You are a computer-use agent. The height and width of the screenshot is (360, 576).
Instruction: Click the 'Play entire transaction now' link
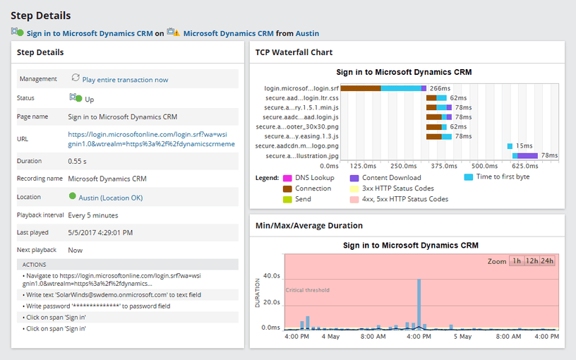(x=125, y=80)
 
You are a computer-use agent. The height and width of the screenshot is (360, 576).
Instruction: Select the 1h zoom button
(x=517, y=261)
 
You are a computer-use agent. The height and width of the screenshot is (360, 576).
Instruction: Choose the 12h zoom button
(x=532, y=261)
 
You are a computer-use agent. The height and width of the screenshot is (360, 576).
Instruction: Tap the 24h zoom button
(x=547, y=261)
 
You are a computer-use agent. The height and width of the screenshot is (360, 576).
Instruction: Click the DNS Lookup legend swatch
(x=287, y=178)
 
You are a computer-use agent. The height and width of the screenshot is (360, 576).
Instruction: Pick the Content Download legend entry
(x=391, y=178)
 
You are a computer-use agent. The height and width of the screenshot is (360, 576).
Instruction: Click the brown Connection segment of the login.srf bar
(x=365, y=88)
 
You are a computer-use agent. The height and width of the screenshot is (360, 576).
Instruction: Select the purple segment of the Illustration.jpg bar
(x=527, y=155)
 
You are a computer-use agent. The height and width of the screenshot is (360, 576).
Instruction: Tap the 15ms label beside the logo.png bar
(x=524, y=145)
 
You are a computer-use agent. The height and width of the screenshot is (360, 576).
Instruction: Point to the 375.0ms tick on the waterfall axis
(x=443, y=166)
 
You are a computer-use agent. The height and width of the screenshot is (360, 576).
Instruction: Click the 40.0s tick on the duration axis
(x=271, y=276)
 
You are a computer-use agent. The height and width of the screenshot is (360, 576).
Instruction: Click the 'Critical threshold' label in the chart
(x=307, y=290)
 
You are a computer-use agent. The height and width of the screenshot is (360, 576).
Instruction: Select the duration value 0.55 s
(x=78, y=161)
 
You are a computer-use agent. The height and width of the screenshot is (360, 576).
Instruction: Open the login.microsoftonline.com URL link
(x=151, y=138)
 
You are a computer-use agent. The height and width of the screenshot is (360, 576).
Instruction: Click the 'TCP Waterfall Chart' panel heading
(x=294, y=52)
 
